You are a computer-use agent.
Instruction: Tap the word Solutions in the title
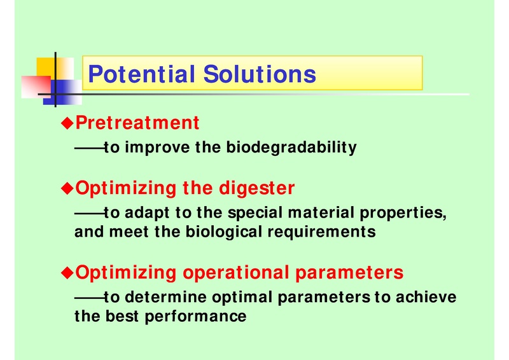(260, 74)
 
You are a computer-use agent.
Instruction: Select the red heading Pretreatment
(137, 122)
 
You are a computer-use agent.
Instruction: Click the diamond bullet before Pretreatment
(67, 122)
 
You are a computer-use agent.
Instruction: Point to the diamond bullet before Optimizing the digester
(67, 188)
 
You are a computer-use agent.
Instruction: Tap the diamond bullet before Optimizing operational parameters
(67, 273)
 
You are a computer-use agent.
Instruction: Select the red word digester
(256, 188)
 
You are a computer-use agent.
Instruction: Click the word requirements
(331, 232)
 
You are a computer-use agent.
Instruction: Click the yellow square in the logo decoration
(46, 66)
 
